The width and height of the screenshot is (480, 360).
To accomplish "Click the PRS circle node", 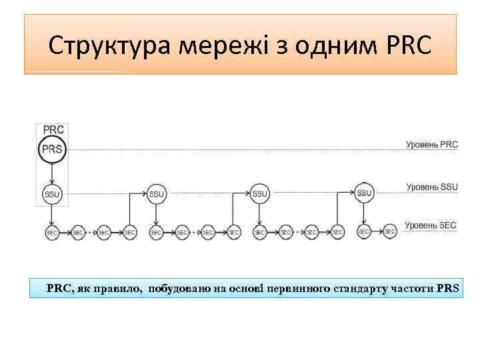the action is (x=52, y=149).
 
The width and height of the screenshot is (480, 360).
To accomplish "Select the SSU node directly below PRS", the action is (x=52, y=194).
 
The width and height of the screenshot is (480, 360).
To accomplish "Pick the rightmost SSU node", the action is (x=363, y=193).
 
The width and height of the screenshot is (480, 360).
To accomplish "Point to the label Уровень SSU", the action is (x=432, y=187).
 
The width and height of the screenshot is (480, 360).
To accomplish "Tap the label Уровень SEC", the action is (x=431, y=225).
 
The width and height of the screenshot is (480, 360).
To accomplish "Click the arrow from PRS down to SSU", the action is (x=52, y=172).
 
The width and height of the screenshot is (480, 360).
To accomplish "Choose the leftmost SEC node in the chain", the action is (x=52, y=232).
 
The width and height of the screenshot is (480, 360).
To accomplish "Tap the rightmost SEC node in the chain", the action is (x=390, y=231).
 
